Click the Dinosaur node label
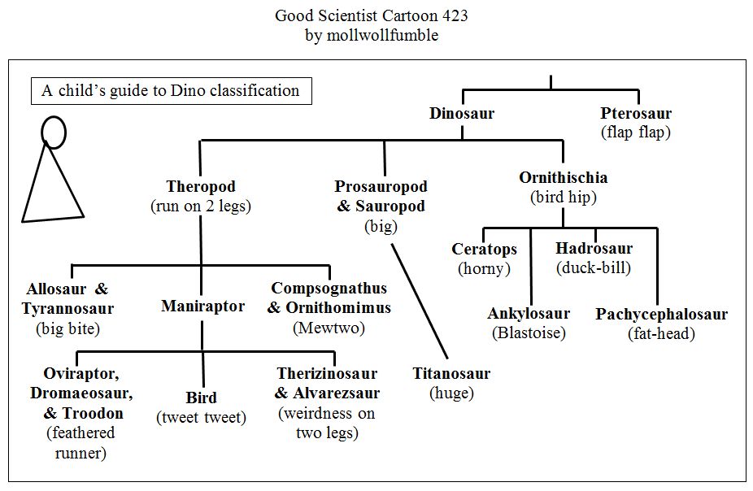pyautogui.click(x=462, y=114)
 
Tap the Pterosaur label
pyautogui.click(x=636, y=114)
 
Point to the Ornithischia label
pyautogui.click(x=564, y=177)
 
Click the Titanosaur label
pyautogui.click(x=451, y=374)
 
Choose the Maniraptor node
pyautogui.click(x=202, y=306)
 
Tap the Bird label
pyautogui.click(x=201, y=398)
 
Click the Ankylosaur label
pyautogui.click(x=529, y=314)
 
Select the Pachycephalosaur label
pyautogui.click(x=661, y=314)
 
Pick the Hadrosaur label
pyautogui.click(x=594, y=249)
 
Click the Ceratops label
pyautogui.click(x=485, y=249)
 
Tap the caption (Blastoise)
pyautogui.click(x=529, y=332)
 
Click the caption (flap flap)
pyautogui.click(x=636, y=132)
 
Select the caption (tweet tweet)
pyautogui.click(x=201, y=418)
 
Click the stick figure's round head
pyautogui.click(x=54, y=130)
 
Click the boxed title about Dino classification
pyautogui.click(x=171, y=90)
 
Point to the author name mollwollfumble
pyautogui.click(x=383, y=35)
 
